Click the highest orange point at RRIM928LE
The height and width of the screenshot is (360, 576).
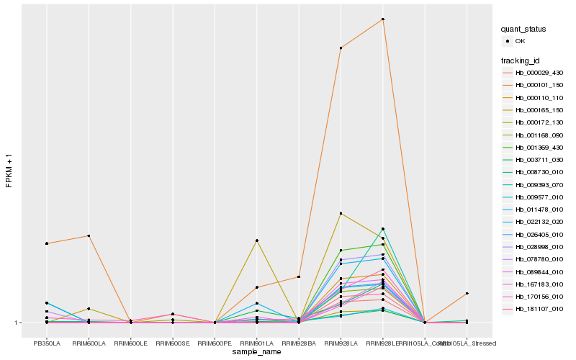(x=383, y=19)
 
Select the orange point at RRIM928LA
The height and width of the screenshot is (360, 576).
(x=341, y=48)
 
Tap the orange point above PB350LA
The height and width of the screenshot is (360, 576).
(x=47, y=243)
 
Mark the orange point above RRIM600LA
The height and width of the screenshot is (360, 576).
(x=89, y=236)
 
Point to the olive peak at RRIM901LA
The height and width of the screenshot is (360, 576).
(x=256, y=240)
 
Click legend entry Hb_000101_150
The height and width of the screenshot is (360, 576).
(x=539, y=85)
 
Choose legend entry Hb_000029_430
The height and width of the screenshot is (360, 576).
(x=539, y=73)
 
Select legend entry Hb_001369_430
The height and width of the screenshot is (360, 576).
(x=539, y=147)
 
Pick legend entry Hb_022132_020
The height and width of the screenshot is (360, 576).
(x=539, y=222)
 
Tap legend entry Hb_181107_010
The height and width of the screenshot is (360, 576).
(x=539, y=308)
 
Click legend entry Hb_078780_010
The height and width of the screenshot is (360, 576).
(x=539, y=258)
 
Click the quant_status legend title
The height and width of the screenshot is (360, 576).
(x=523, y=29)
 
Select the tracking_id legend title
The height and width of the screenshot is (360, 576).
(x=522, y=60)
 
